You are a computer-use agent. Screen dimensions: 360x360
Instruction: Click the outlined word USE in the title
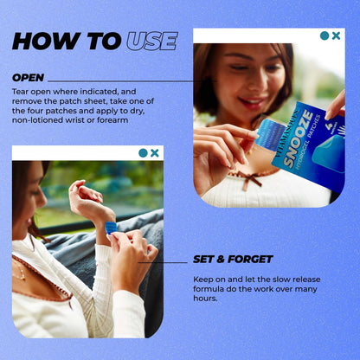(x=151, y=42)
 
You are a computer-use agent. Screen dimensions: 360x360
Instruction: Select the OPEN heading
(x=29, y=78)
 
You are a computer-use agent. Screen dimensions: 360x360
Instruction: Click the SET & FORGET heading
(x=233, y=259)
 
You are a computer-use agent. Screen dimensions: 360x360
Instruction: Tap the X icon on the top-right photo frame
(x=336, y=35)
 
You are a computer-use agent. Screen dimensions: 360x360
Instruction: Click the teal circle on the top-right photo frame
(x=325, y=35)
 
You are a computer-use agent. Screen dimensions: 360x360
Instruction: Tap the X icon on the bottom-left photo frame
(x=155, y=153)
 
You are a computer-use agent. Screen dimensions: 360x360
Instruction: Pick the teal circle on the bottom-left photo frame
(x=143, y=153)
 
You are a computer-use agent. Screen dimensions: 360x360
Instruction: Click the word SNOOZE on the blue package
(x=299, y=139)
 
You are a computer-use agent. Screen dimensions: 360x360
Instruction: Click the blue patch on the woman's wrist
(x=111, y=228)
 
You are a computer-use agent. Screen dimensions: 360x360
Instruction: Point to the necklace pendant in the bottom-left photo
(x=22, y=278)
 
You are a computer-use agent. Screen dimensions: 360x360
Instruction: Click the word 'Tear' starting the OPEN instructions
(x=21, y=92)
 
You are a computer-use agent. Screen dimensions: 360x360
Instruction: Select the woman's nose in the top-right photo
(x=258, y=84)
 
